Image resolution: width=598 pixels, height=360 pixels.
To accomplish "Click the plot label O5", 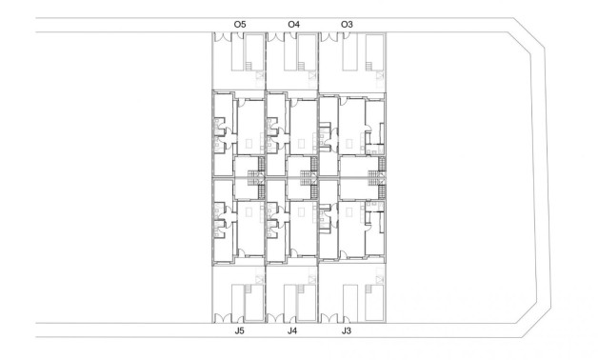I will [239, 23].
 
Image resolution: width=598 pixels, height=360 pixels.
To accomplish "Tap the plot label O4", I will [292, 23].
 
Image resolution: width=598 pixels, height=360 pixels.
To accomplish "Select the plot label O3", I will [346, 23].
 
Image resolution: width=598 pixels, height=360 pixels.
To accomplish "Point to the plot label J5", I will [239, 330].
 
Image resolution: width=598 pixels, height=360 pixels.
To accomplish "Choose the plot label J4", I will [292, 330].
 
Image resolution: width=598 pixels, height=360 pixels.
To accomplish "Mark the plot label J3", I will [346, 330].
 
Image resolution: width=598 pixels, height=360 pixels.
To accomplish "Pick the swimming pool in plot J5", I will [253, 302].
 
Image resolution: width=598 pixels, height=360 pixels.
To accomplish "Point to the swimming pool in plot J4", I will [306, 302].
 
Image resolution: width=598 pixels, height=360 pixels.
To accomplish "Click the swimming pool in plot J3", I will [374, 302].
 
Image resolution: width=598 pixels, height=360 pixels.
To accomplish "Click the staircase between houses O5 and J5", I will [254, 176].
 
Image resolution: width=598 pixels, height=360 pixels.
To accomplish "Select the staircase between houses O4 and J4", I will [308, 176].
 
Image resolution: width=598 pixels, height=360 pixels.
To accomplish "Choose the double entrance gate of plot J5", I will [225, 318].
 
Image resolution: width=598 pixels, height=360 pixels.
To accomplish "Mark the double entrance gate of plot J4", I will [278, 318].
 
